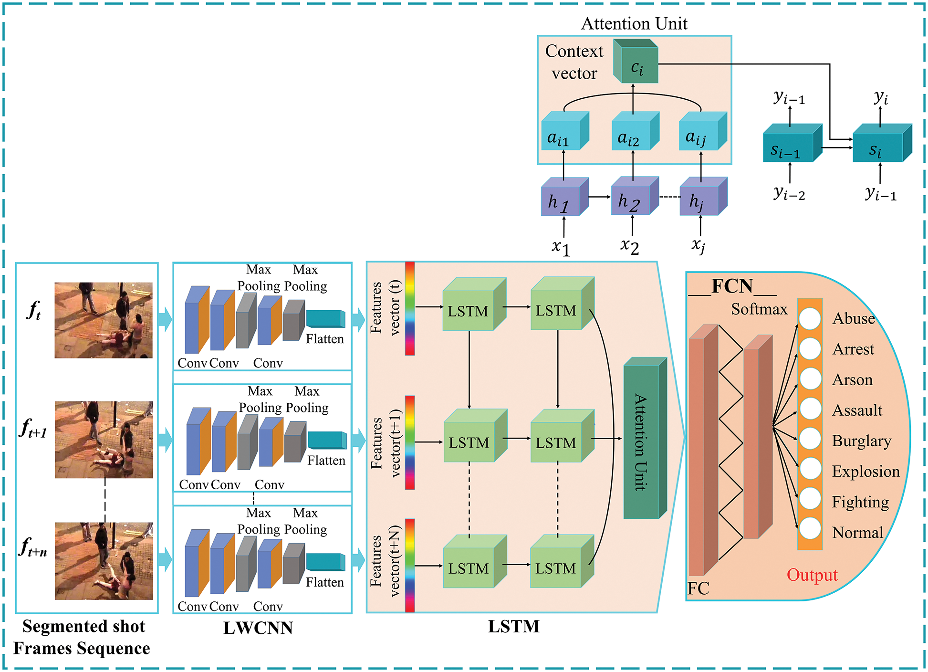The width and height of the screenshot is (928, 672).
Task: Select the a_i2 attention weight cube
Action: coord(631,136)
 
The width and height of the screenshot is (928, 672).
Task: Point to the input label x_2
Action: coord(630,246)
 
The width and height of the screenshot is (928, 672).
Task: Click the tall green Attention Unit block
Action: coord(642,441)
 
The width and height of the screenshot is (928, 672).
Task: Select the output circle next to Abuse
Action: coord(810,318)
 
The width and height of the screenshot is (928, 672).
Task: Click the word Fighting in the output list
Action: coord(860,502)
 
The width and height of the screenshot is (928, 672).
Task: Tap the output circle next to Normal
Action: coord(810,529)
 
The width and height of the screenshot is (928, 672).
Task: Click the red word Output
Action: coord(812,575)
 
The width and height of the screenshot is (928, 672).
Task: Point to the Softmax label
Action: coord(759,309)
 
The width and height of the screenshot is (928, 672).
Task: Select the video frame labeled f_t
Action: coord(104,320)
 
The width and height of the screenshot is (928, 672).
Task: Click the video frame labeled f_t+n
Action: coord(104,561)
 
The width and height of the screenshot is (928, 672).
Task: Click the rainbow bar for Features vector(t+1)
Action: coord(410,442)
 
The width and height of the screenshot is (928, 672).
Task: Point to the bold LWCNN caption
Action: coord(258,628)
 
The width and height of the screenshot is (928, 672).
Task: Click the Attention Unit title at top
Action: coord(634,23)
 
